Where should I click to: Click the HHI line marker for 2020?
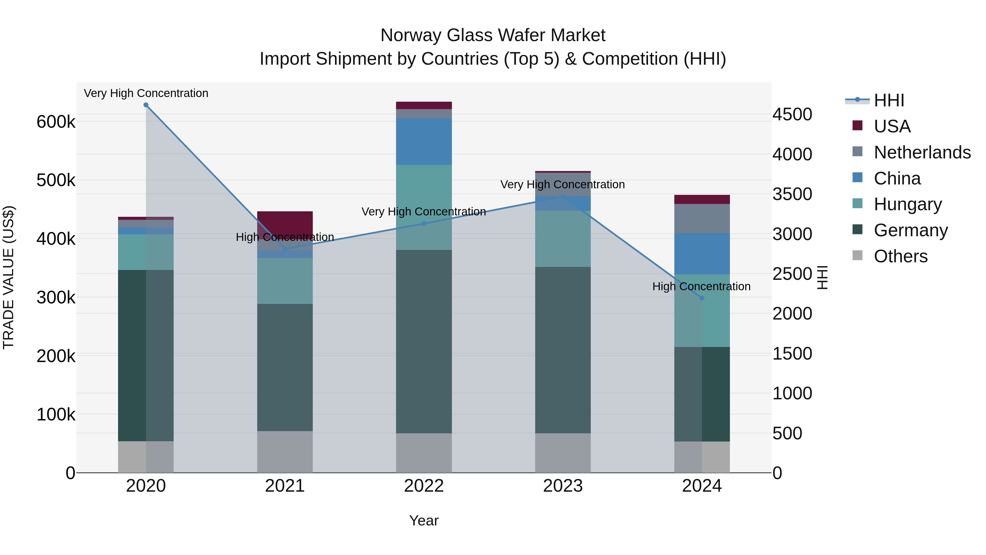146,105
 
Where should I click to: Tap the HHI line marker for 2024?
702,298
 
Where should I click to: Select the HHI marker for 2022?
424,224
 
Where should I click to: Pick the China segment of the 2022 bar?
424,141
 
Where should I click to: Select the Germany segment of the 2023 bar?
563,350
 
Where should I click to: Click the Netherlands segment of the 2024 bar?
702,218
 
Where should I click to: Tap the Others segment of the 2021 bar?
285,452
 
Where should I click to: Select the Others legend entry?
900,256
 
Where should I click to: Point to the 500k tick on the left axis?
56,180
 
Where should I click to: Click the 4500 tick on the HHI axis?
792,115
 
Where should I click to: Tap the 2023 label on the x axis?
563,486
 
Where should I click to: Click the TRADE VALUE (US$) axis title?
9,277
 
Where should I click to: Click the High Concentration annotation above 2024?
701,286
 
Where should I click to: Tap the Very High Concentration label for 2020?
146,93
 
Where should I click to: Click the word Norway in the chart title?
411,35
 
